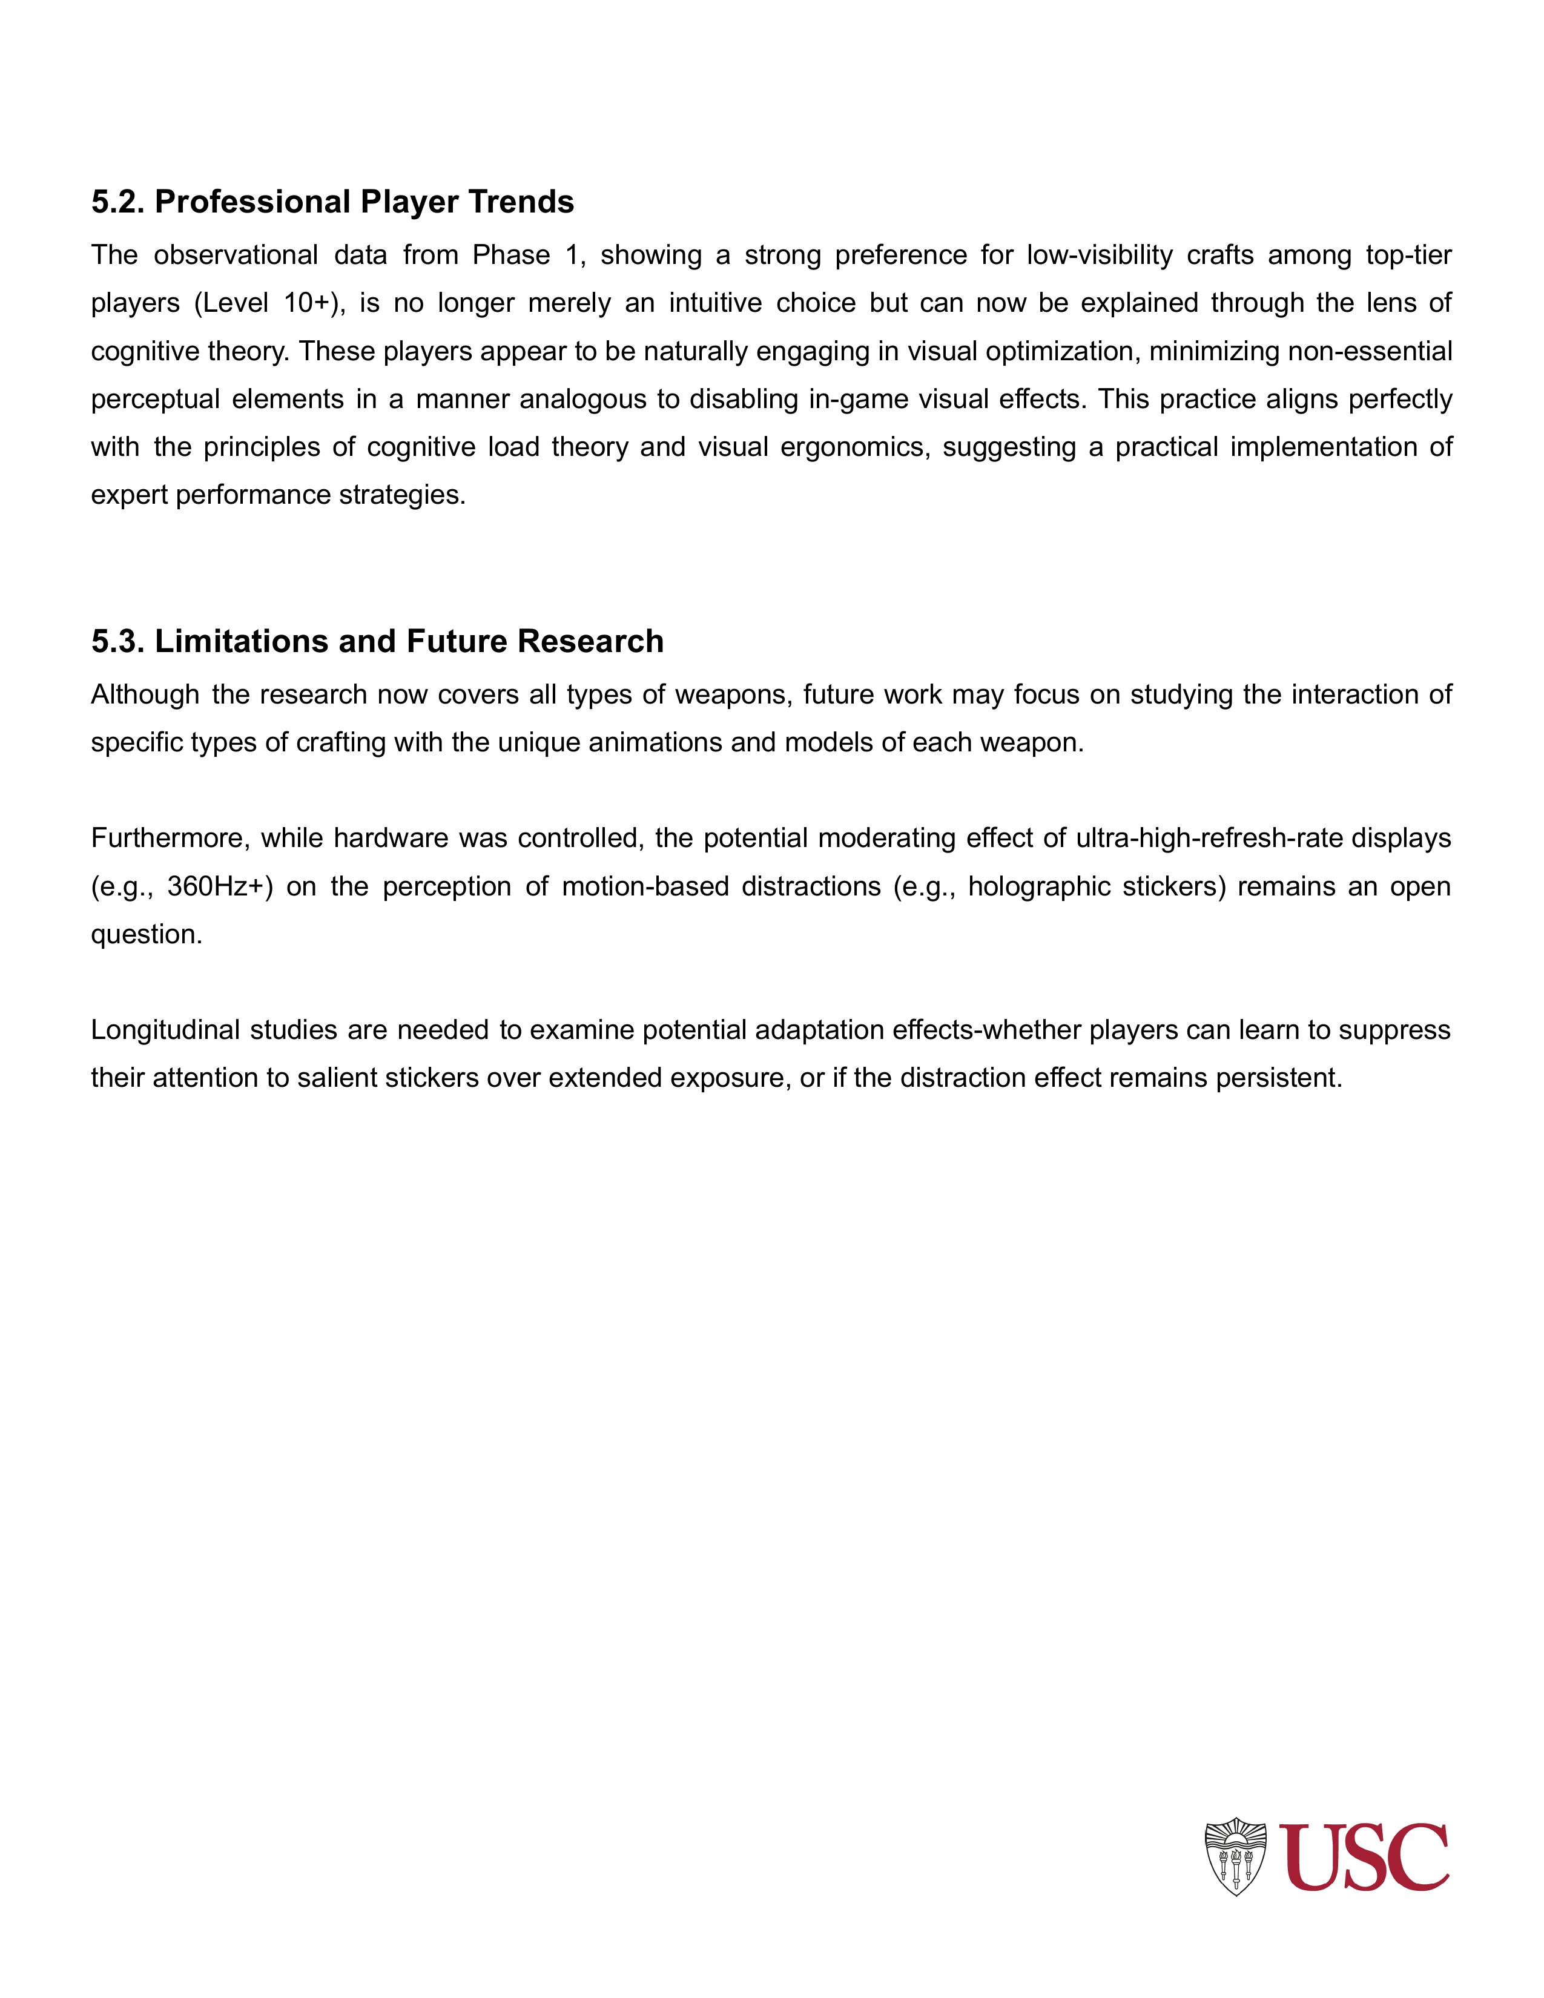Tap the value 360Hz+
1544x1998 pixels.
[x=220, y=886]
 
